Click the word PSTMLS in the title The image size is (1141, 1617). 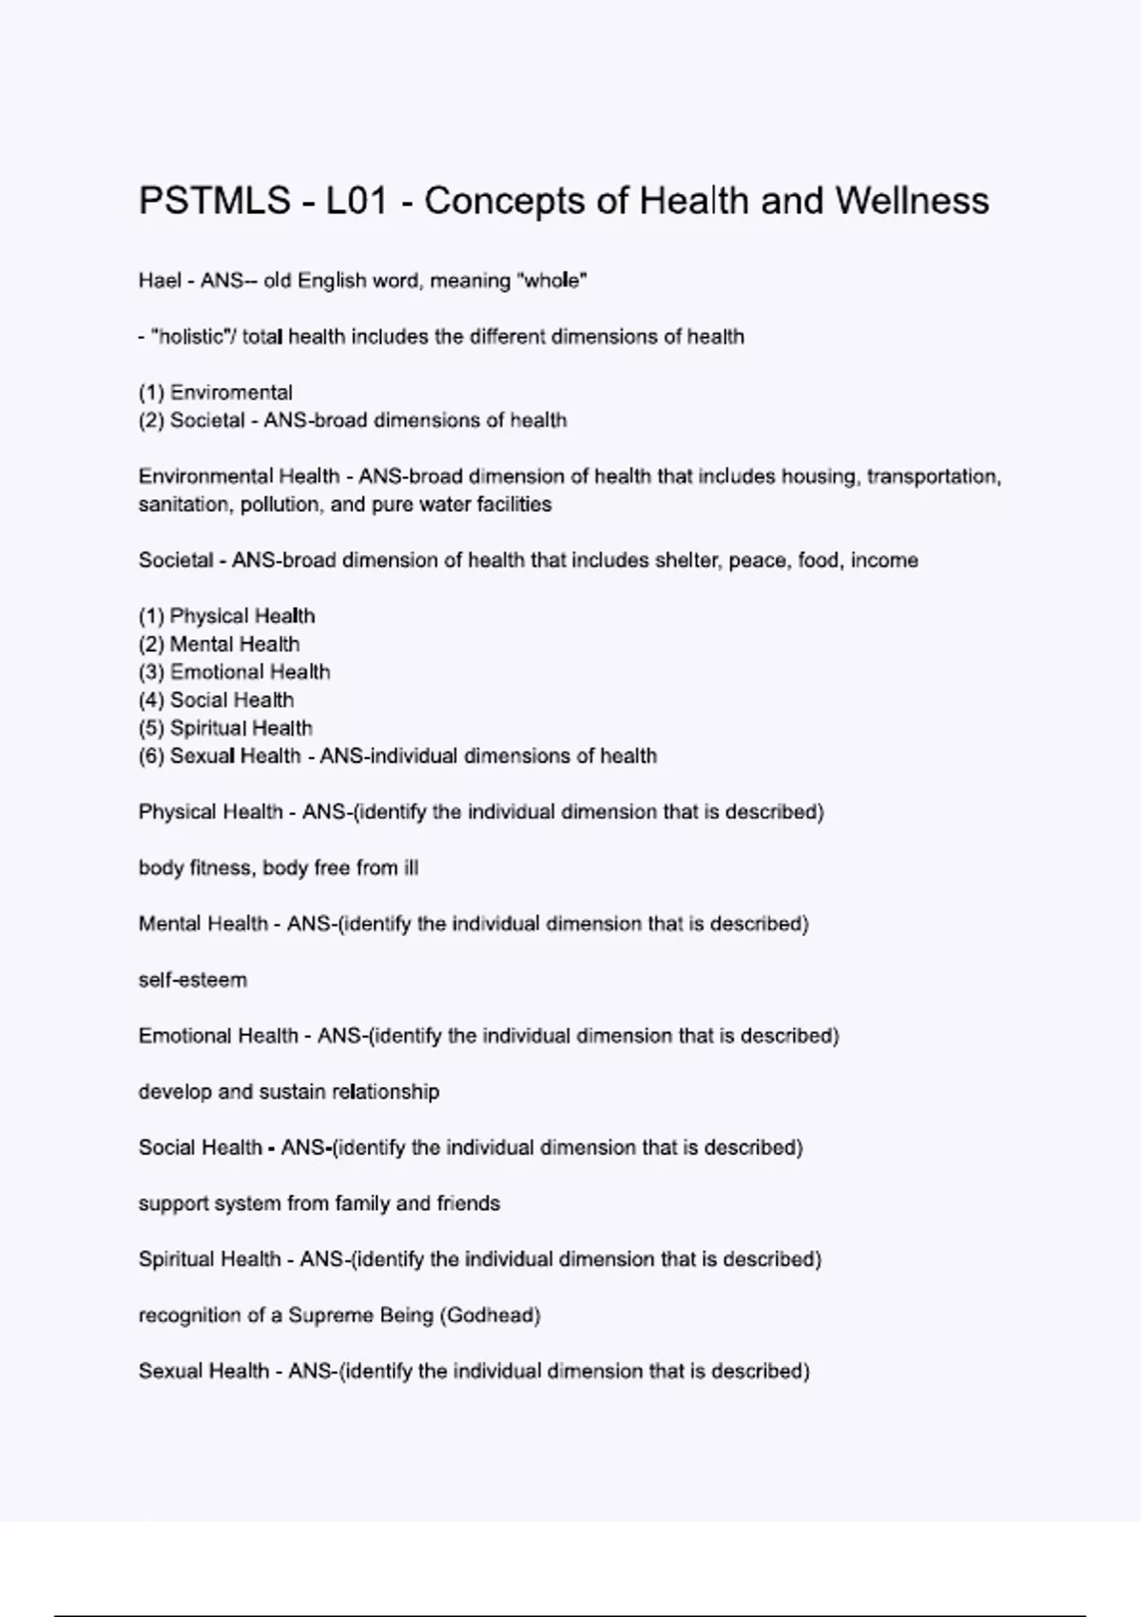click(215, 202)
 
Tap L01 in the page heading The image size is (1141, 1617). click(356, 202)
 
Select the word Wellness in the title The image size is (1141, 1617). click(912, 202)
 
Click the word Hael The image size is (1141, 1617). click(160, 281)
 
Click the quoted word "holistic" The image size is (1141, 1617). click(187, 337)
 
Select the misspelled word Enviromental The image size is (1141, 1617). click(231, 393)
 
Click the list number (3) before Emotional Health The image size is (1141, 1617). click(151, 672)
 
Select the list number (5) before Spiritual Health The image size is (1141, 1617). click(151, 729)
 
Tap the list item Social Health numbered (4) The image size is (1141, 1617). click(232, 701)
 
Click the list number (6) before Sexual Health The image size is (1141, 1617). click(151, 756)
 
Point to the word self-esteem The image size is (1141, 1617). click(193, 981)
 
